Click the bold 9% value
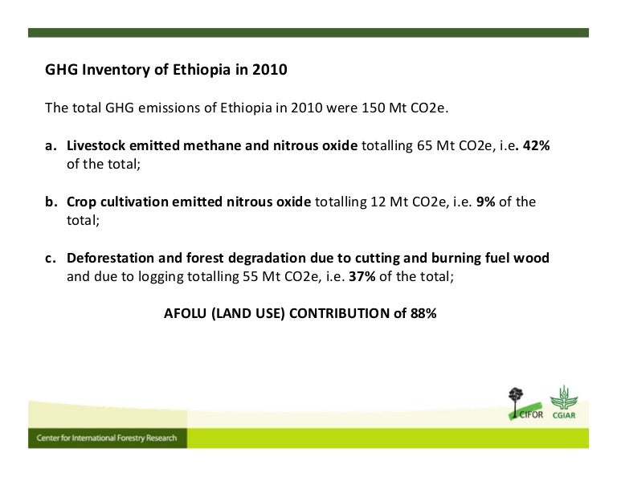tap(485, 202)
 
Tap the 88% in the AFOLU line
tap(423, 314)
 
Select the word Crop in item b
tap(82, 202)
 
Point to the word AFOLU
tap(186, 314)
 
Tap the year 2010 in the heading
tap(269, 70)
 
